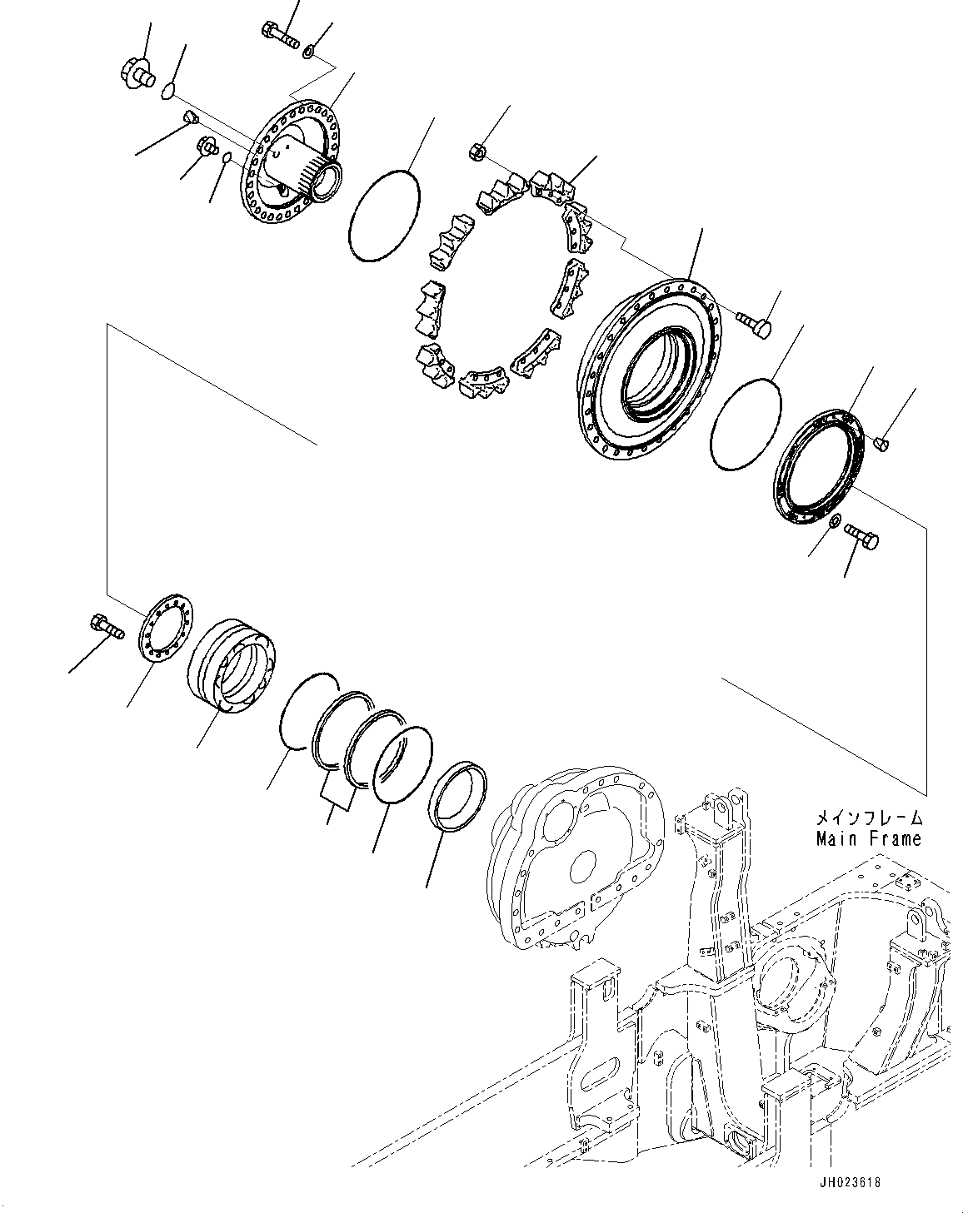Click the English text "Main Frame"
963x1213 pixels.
869,838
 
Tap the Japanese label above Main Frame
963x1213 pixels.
869,818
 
